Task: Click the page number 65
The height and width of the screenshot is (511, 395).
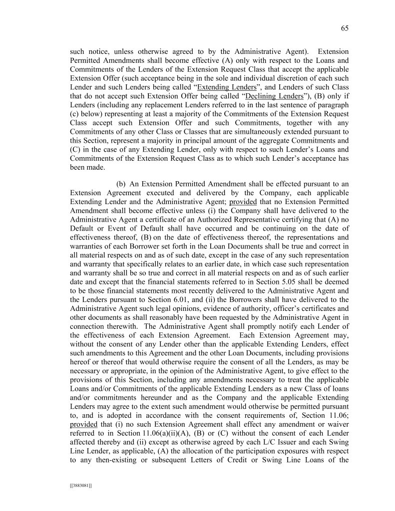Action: click(344, 28)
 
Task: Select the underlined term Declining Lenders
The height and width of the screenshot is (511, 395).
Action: click(274, 95)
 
